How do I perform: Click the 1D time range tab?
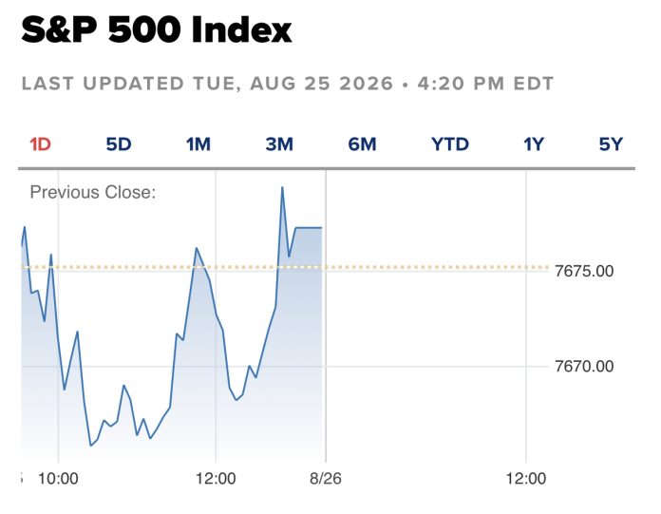coord(41,144)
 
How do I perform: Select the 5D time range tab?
coord(119,144)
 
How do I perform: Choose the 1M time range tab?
coord(198,144)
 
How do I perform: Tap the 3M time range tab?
coord(279,144)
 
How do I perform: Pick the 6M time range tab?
coord(362,144)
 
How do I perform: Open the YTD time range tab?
coord(450,144)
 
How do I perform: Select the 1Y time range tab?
coord(534,144)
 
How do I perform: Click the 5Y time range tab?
coord(611,144)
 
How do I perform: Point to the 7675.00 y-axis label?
coord(584,271)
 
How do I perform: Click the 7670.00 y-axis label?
coord(584,366)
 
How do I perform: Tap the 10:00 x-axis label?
coord(58,479)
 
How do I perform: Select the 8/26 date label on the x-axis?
coord(326,479)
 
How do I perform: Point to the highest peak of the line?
coord(282,187)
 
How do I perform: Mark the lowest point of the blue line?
coord(90,446)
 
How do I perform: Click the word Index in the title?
coord(241,30)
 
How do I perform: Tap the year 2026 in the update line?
coord(366,84)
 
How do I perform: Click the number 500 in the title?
coord(144,30)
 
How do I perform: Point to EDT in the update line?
coord(534,84)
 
